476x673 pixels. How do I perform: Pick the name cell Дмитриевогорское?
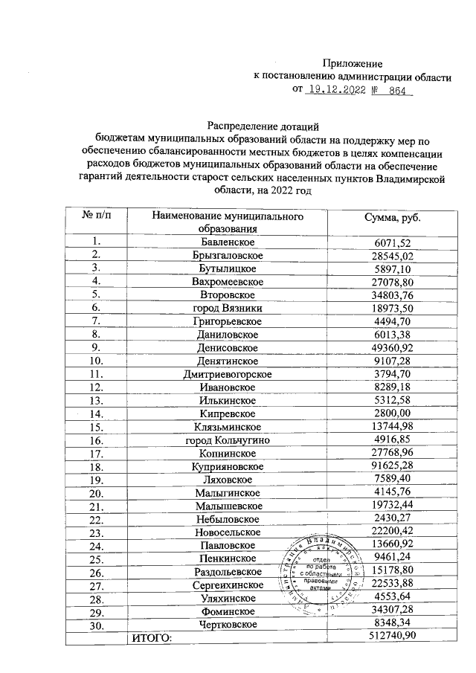coord(228,373)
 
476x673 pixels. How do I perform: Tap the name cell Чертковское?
coord(228,624)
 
